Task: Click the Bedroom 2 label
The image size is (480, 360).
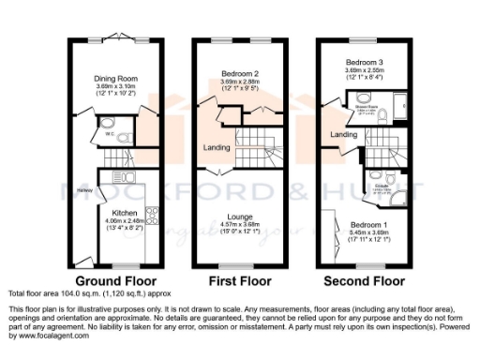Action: pyautogui.click(x=239, y=72)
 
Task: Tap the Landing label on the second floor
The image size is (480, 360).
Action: pyautogui.click(x=344, y=134)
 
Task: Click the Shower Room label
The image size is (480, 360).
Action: pyautogui.click(x=366, y=108)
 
